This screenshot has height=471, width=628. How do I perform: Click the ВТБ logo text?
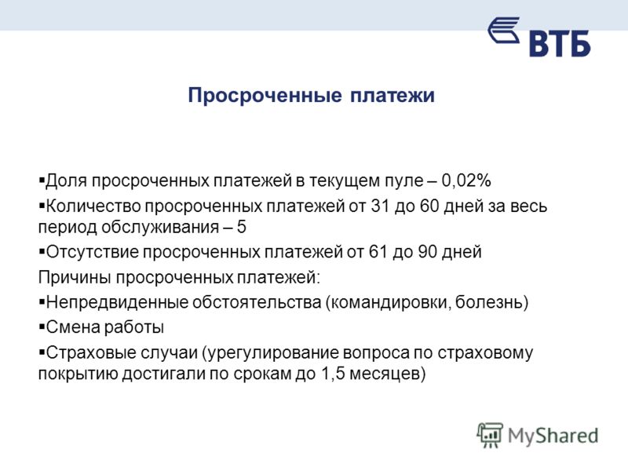pos(560,43)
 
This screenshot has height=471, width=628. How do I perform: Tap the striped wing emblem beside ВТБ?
pos(504,30)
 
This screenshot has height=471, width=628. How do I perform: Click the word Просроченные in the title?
pos(265,96)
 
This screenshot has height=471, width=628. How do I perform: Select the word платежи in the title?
pos(392,96)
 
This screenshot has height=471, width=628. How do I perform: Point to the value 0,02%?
pos(466,181)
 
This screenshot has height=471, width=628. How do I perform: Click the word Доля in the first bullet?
pos(66,181)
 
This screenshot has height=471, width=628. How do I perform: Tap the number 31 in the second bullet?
pos(380,206)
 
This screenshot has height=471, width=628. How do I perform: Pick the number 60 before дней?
pos(429,206)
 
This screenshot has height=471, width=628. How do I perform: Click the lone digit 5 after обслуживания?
pos(241,227)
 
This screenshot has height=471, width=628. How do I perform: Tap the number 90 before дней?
pos(427,252)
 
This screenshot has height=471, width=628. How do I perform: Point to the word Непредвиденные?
pos(117,302)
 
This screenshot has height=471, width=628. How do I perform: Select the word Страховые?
pos(86,353)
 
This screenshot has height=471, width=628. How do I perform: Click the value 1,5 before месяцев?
pos(333,374)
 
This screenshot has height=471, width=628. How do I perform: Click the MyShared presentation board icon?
pos(490,435)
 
